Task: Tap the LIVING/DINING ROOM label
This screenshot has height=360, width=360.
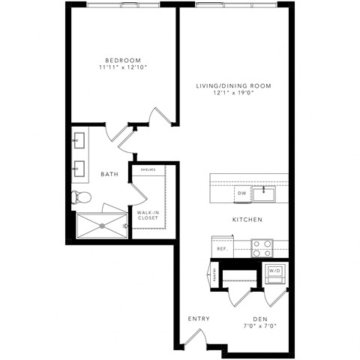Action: click(233, 86)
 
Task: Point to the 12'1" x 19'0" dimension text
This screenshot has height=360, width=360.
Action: click(233, 94)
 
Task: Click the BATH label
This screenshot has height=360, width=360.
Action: click(109, 175)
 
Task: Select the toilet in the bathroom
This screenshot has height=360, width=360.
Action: click(80, 198)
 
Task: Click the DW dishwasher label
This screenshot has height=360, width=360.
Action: click(241, 194)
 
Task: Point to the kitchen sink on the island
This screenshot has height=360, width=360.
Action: click(263, 194)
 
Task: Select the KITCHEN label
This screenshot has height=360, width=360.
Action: click(247, 220)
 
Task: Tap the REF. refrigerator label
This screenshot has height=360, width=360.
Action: click(222, 248)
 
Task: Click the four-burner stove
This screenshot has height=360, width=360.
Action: click(261, 247)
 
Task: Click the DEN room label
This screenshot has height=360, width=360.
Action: click(260, 319)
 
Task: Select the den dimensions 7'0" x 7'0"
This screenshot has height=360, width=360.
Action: click(260, 327)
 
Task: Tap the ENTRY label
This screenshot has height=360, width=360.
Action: click(199, 319)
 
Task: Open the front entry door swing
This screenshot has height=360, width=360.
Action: click(193, 337)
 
